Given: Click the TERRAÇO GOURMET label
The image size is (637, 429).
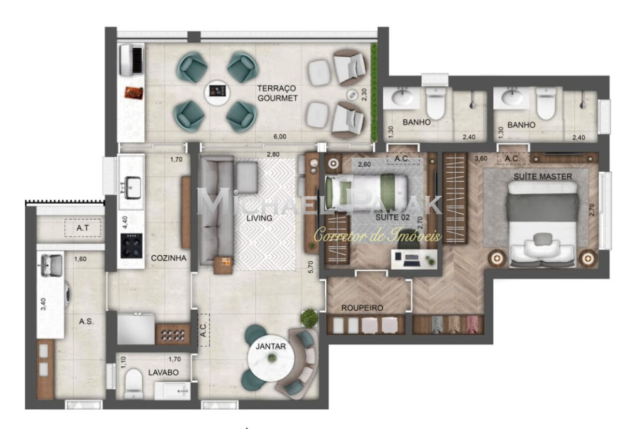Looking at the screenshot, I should point(277,93).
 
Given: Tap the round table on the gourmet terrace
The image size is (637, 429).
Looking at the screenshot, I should point(217,92).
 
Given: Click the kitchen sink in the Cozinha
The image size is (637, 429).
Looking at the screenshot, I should point(131,186).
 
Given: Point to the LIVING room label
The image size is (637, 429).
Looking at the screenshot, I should point(259,218).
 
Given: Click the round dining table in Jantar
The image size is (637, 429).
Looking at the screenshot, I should point(271,358).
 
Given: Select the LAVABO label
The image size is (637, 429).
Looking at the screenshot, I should point(163,372).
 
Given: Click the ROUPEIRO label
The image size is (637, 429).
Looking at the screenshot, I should point(362,308).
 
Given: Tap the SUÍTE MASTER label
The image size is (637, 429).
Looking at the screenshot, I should point(543,176).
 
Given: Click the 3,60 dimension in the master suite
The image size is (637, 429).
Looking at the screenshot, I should point(481,158).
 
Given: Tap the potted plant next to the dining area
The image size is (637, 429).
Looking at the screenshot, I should point(310,318).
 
